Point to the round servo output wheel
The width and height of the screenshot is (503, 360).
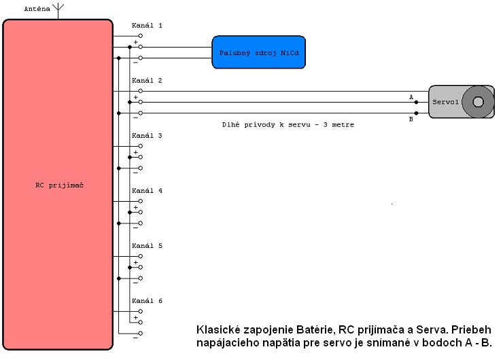click(478, 102)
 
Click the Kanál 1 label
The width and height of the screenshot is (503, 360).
click(147, 25)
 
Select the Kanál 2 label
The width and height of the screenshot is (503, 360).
click(147, 80)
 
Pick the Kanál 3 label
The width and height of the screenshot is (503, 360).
click(147, 135)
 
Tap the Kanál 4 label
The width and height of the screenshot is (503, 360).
click(147, 191)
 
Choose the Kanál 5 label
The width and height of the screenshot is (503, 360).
click(147, 246)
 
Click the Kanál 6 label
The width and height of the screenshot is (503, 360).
click(147, 301)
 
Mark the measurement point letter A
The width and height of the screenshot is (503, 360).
click(411, 96)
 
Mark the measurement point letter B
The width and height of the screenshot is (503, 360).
click(411, 120)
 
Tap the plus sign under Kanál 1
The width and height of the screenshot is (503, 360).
click(135, 42)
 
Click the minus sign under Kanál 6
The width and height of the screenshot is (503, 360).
click(135, 340)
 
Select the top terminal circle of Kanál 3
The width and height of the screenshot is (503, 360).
click(140, 145)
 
